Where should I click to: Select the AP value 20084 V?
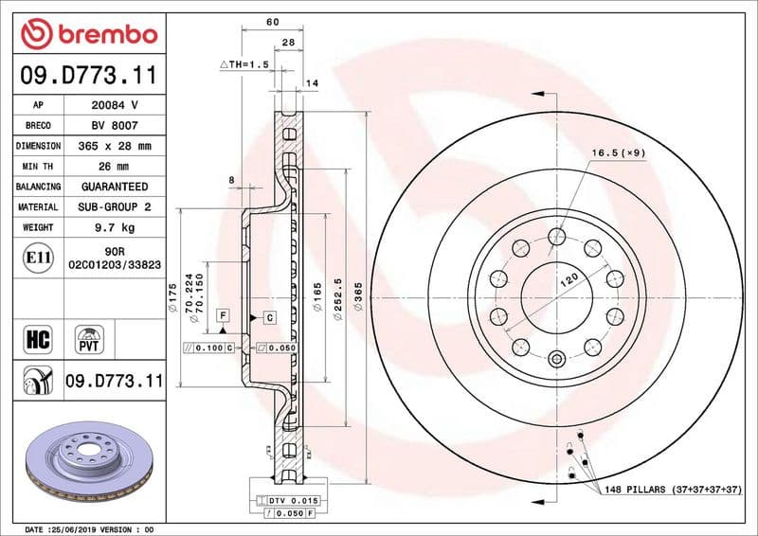tap(115, 105)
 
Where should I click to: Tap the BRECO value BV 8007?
tap(115, 126)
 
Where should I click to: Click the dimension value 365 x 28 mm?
tap(115, 147)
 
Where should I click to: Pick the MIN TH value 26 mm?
tap(115, 167)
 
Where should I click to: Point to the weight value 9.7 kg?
tap(115, 228)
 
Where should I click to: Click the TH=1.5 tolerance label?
tap(245, 64)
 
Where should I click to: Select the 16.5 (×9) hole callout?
tap(617, 152)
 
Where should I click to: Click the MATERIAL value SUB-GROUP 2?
tap(115, 207)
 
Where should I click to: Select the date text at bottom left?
tap(86, 528)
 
